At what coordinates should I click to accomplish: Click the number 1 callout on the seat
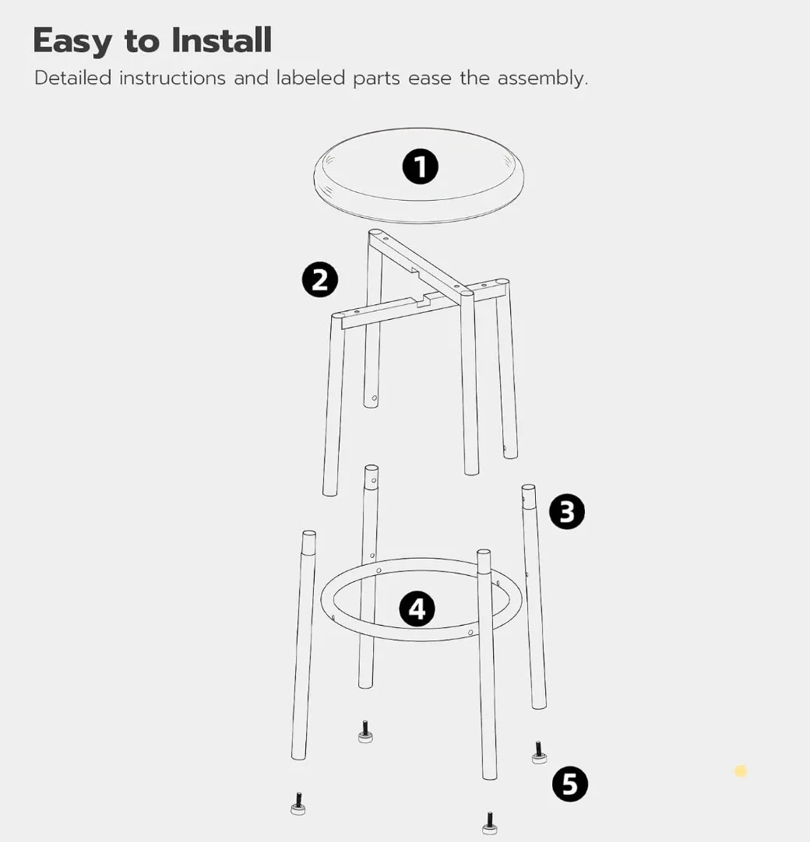420,167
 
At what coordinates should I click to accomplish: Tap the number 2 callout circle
320,280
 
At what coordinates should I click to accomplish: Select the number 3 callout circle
566,512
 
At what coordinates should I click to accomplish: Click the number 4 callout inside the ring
417,609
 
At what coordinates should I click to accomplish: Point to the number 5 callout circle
569,784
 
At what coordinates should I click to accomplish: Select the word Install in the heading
222,40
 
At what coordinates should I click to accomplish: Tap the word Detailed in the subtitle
72,78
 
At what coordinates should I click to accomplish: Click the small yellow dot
741,771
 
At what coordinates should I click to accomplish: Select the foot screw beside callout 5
538,753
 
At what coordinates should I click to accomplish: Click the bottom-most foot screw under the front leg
489,823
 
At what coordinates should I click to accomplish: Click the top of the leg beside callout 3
528,489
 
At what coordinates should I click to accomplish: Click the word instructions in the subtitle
172,78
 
